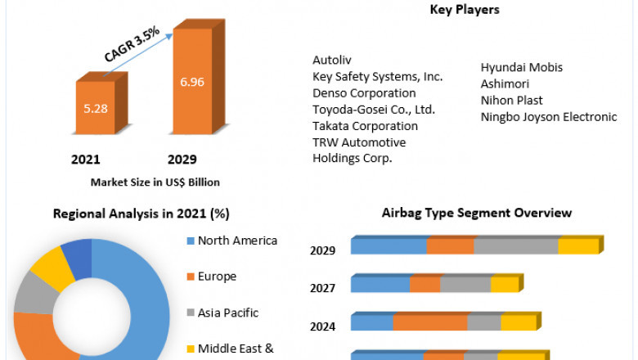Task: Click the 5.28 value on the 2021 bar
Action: pos(95,108)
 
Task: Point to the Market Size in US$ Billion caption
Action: pos(155,182)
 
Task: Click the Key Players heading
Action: pos(464,10)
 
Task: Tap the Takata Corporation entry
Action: pos(365,126)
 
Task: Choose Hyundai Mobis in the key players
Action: pos(522,67)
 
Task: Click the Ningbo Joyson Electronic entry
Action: pos(549,116)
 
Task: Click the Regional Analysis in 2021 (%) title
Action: pos(141,214)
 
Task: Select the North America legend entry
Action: pos(236,241)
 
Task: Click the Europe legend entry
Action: pos(216,277)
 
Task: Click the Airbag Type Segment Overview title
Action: pos(476,213)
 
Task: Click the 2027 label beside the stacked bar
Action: pos(323,288)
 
